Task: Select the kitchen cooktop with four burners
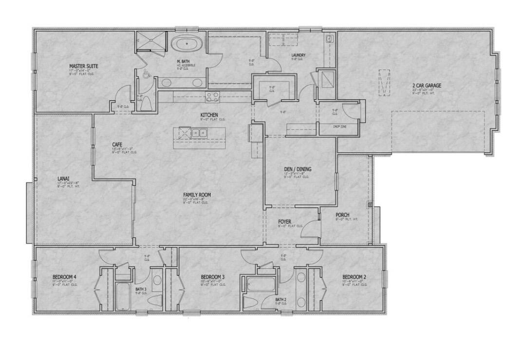coord(213,97)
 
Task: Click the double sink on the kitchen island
coord(198,132)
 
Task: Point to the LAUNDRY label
coord(298,55)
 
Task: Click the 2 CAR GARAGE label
coord(427,86)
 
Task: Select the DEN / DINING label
coord(297,169)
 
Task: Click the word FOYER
coord(284,222)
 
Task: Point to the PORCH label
coord(342,215)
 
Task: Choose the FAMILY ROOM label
coord(197,195)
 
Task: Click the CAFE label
coord(117,144)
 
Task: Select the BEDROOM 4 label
coord(65,277)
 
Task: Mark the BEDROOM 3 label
coord(213,277)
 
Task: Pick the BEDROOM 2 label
coord(354,277)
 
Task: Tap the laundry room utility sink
coord(329,39)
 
